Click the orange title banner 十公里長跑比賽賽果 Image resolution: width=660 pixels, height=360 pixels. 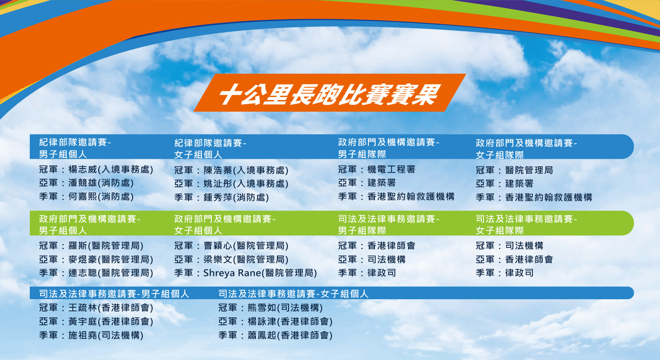click(x=330, y=93)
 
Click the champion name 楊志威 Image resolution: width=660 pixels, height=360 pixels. click(x=82, y=169)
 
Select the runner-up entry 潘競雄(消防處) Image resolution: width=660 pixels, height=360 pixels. click(x=101, y=183)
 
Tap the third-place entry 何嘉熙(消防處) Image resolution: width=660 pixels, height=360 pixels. click(x=101, y=197)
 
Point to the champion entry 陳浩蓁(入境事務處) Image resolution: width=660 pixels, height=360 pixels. click(x=246, y=170)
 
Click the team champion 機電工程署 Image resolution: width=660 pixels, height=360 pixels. click(x=391, y=169)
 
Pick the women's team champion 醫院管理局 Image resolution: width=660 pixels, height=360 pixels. click(x=529, y=170)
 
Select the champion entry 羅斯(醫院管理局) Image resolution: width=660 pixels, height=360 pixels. click(x=106, y=246)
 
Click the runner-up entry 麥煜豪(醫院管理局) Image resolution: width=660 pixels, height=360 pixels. click(x=111, y=259)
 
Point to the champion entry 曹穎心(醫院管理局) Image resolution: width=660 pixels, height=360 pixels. click(x=246, y=246)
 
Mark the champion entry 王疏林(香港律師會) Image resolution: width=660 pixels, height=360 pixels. click(x=111, y=308)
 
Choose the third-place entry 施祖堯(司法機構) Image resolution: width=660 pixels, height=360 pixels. click(x=106, y=335)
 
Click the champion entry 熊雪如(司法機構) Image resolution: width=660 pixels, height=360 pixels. click(x=285, y=308)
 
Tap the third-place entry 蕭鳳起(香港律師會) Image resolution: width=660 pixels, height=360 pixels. click(x=290, y=335)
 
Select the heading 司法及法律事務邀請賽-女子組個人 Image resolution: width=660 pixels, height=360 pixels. click(x=293, y=294)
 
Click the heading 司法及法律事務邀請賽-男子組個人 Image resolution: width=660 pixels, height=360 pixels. click(x=114, y=294)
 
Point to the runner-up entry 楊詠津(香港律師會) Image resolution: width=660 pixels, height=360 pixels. click(x=290, y=321)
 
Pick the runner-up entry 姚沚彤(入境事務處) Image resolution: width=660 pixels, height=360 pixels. click(x=246, y=184)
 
